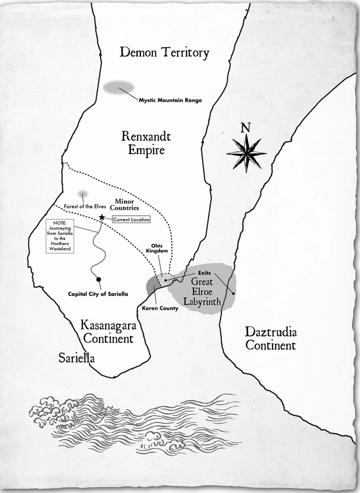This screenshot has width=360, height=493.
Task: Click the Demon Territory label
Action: coord(164,53)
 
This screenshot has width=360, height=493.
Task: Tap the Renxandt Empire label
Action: coord(143,143)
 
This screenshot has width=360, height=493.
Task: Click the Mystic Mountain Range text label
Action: coord(170,100)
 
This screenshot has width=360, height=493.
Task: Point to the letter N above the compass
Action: coord(246,128)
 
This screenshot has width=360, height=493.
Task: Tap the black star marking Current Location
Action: coord(102,217)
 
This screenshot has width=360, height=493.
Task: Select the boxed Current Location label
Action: coord(131,220)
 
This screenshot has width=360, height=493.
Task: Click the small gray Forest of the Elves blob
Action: coord(84,194)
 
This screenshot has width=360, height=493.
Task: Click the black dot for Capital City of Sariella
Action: coord(98,279)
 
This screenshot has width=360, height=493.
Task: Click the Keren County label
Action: coord(160,308)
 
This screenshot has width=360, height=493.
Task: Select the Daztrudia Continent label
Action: coord(270,339)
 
